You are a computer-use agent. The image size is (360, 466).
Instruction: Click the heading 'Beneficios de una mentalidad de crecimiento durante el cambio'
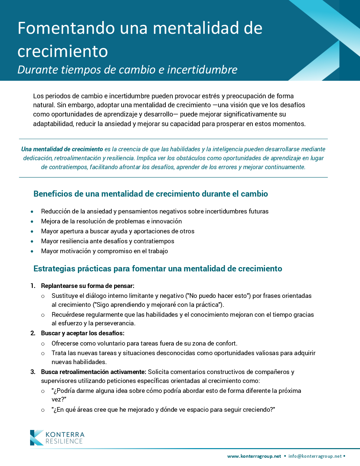(x=151, y=194)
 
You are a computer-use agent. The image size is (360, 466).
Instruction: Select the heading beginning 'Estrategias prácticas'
(x=157, y=269)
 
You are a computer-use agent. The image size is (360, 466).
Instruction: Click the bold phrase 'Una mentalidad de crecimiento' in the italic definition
(x=62, y=149)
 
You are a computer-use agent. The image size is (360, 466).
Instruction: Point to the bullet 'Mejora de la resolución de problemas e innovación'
(x=111, y=221)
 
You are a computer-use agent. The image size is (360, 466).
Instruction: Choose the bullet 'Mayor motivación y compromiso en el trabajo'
(x=104, y=251)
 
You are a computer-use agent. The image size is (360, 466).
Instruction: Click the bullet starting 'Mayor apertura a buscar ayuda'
(x=117, y=231)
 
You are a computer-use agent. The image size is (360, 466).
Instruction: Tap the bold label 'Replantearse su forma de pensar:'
(x=88, y=286)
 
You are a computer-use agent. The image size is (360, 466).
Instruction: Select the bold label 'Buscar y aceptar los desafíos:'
(x=83, y=333)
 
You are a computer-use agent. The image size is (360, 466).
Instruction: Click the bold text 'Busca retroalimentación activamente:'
(x=94, y=372)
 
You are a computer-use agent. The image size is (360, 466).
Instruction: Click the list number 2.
(x=33, y=333)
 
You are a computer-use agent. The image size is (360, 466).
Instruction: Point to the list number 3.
(x=33, y=372)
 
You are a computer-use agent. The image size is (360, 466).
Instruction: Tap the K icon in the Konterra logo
(x=36, y=438)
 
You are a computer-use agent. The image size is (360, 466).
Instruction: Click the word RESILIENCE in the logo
(x=64, y=442)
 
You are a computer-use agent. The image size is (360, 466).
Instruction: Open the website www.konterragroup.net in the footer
(x=254, y=456)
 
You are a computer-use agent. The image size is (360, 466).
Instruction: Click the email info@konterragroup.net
(x=315, y=456)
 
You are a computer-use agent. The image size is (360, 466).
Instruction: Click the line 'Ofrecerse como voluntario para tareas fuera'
(x=144, y=344)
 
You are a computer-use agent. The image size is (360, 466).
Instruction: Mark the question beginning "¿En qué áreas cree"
(x=163, y=410)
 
